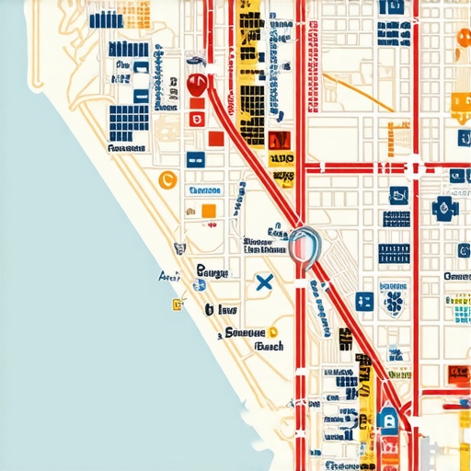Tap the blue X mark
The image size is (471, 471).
pyautogui.click(x=264, y=282)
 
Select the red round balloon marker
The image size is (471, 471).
pyautogui.click(x=195, y=85)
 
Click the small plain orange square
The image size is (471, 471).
pyautogui.click(x=208, y=211)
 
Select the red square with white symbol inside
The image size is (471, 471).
pyautogui.click(x=196, y=118)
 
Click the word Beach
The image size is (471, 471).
pyautogui.click(x=268, y=347)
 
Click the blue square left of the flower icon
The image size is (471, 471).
pyautogui.click(x=364, y=301)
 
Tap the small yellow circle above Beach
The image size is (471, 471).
pyautogui.click(x=273, y=333)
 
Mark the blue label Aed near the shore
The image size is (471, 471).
pyautogui.click(x=169, y=276)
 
